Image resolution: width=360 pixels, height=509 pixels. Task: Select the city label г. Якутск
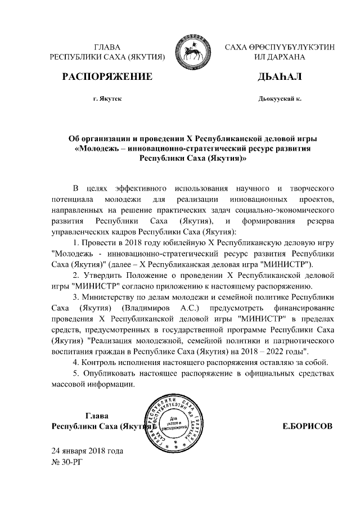point(107,98)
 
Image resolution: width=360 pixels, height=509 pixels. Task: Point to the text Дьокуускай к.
point(280,98)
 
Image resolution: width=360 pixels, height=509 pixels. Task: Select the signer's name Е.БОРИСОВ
point(307,426)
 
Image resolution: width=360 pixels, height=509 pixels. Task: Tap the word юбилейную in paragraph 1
point(179,242)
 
